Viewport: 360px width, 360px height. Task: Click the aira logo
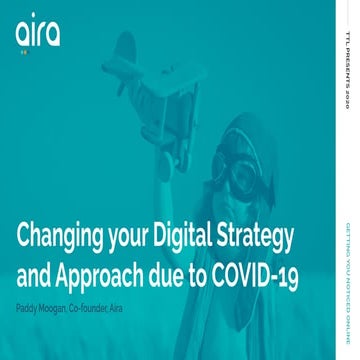point(38,34)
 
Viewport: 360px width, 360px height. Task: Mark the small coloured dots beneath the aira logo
point(25,53)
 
